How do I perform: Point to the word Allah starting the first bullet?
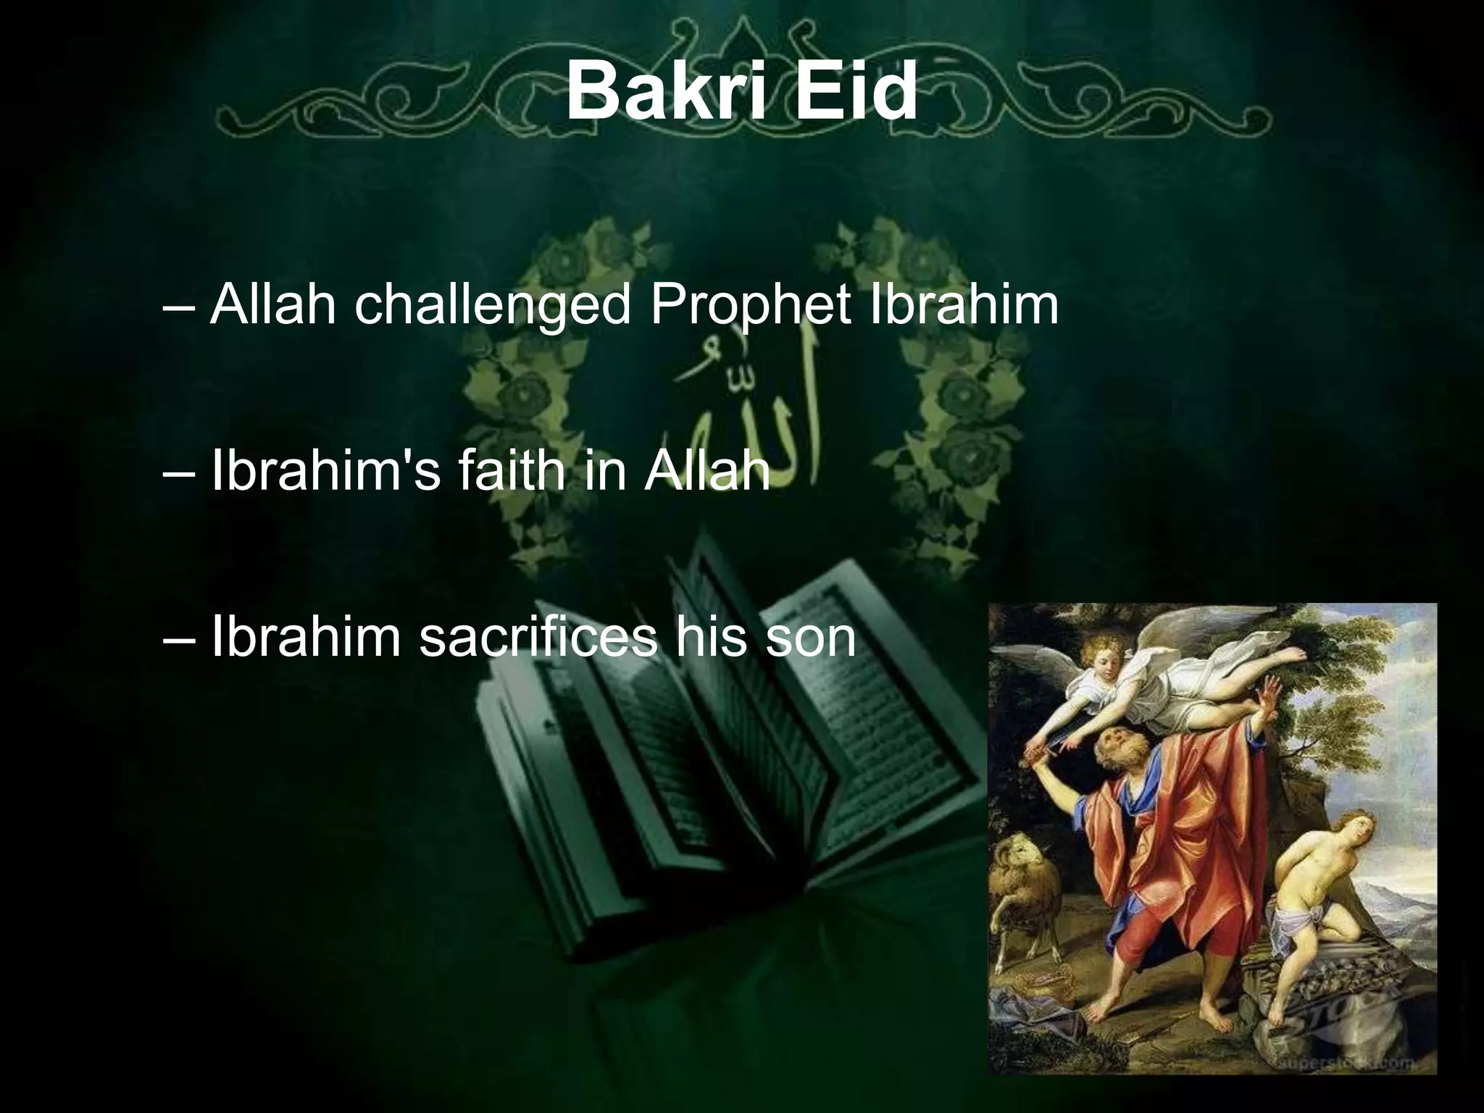pyautogui.click(x=273, y=306)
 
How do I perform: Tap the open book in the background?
pyautogui.click(x=688, y=783)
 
